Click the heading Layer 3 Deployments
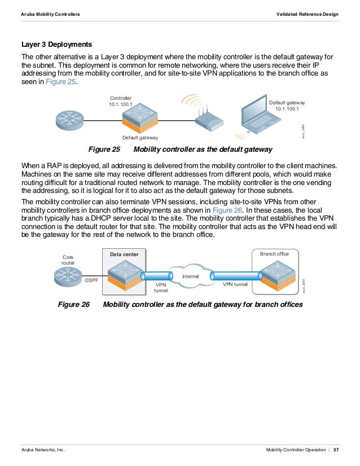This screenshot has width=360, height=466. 56,44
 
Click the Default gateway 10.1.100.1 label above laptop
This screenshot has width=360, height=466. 287,105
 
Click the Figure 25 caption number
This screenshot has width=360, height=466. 105,150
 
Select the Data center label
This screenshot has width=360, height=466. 124,255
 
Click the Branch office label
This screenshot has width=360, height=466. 274,254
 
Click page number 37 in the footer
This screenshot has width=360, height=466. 336,450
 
